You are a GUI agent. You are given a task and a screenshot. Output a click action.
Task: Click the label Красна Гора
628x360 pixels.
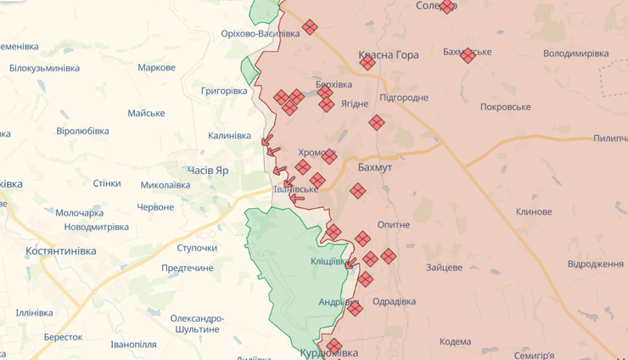tap(389, 55)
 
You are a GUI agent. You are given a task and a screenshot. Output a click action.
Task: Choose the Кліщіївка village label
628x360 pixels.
tap(329, 262)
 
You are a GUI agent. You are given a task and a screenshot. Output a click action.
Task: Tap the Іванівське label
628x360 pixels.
tap(295, 188)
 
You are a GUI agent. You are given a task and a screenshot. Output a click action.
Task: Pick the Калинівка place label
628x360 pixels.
tap(229, 136)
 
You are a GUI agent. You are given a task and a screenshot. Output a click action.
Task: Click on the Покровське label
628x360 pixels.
tap(505, 107)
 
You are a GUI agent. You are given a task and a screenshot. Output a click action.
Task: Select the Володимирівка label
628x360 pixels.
tap(576, 53)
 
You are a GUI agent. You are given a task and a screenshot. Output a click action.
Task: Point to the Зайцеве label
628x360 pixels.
tap(445, 267)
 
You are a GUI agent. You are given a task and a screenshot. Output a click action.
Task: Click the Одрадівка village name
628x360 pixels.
tap(394, 301)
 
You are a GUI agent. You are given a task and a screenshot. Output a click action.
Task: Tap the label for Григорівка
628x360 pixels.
tap(224, 90)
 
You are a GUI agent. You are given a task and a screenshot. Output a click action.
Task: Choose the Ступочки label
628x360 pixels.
tap(197, 248)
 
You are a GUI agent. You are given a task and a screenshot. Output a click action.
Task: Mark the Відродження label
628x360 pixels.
tap(596, 264)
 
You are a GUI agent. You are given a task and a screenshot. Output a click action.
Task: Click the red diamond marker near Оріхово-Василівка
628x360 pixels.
tap(310, 27)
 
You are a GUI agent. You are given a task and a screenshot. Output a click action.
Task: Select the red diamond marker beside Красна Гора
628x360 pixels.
tap(367, 62)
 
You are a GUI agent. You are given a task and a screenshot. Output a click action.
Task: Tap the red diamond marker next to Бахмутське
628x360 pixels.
tap(468, 55)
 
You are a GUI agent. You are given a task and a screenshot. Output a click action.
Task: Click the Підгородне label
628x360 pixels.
tap(404, 98)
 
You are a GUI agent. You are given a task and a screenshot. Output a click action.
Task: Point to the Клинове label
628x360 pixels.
tap(534, 211)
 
